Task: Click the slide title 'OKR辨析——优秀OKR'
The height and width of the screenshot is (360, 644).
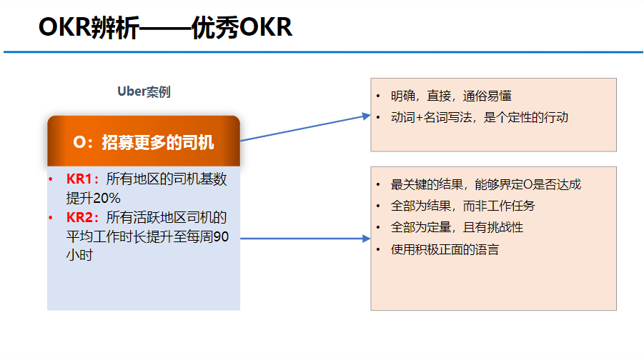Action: pyautogui.click(x=165, y=28)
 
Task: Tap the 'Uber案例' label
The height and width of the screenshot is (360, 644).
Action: pyautogui.click(x=144, y=91)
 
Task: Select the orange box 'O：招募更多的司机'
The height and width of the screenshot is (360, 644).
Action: pyautogui.click(x=144, y=141)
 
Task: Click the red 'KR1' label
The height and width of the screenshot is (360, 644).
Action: pyautogui.click(x=79, y=179)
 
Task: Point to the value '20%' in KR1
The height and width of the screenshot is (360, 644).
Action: pyautogui.click(x=106, y=199)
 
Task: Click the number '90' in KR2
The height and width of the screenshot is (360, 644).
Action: pyautogui.click(x=221, y=236)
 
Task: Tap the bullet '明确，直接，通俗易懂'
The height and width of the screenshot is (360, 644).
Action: pyautogui.click(x=451, y=96)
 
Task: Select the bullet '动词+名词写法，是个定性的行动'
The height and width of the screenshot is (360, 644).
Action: pyautogui.click(x=480, y=117)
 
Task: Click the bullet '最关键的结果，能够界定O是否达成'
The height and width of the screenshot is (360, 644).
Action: pyautogui.click(x=486, y=185)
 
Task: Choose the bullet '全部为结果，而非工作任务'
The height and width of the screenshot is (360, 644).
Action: pyautogui.click(x=463, y=206)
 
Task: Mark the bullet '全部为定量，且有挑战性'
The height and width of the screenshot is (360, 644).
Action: pyautogui.click(x=457, y=227)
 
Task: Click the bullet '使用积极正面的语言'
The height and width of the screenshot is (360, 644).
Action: pyautogui.click(x=445, y=249)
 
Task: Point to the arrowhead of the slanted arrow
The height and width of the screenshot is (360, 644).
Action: pyautogui.click(x=367, y=116)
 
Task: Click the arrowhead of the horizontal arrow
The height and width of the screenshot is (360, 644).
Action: pyautogui.click(x=367, y=239)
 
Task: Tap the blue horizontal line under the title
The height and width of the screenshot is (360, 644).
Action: pyautogui.click(x=323, y=52)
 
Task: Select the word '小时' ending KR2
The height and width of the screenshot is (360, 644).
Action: pyautogui.click(x=79, y=255)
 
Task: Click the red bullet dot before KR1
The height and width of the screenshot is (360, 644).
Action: pyautogui.click(x=51, y=179)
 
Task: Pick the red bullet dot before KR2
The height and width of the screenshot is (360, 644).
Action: pyautogui.click(x=51, y=218)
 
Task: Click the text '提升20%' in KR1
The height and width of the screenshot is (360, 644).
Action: pyautogui.click(x=93, y=199)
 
